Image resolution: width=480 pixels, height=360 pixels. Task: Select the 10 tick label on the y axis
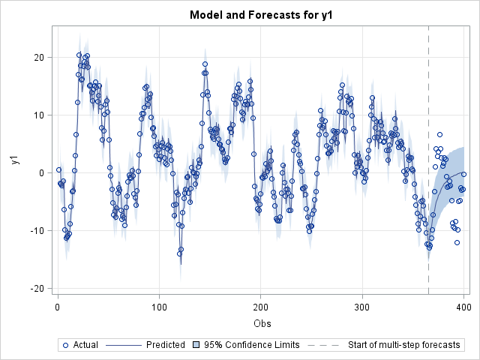(42, 115)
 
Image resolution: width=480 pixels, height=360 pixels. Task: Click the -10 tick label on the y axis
(40, 231)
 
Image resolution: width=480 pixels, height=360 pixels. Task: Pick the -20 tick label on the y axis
(40, 289)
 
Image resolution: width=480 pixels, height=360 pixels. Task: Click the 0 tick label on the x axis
(58, 307)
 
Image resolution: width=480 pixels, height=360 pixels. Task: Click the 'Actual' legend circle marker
(65, 345)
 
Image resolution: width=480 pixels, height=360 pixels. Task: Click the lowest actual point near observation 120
(179, 253)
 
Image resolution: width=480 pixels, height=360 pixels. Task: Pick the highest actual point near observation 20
(79, 55)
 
